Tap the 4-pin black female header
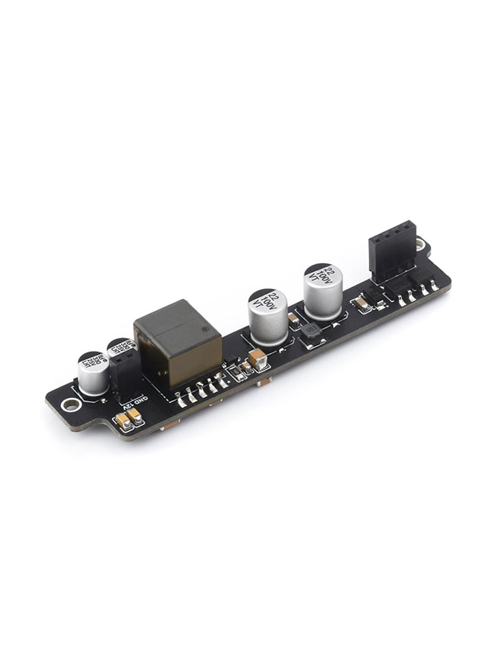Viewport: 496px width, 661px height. tap(392, 251)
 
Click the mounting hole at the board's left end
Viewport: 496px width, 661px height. tap(69, 405)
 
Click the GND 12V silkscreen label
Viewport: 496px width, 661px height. tap(136, 399)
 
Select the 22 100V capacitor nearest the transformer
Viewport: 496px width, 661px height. tap(268, 316)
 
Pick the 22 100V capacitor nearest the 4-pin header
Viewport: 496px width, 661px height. tap(323, 291)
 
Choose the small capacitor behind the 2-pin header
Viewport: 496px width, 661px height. tap(122, 348)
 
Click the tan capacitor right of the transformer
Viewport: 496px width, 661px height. tap(257, 359)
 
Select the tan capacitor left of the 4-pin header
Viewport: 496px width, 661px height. tap(362, 303)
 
